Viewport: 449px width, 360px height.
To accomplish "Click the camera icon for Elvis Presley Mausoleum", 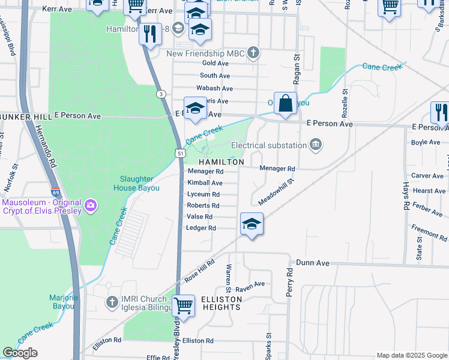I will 91,206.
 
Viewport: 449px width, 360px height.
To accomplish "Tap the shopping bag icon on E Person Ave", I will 286,102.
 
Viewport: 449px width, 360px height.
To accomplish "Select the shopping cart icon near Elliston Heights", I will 184,305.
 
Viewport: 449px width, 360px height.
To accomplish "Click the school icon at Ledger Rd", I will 252,224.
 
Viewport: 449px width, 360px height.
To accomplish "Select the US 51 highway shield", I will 180,154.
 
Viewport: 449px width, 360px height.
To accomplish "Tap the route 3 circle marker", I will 161,94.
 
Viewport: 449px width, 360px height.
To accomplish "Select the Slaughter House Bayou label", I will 137,184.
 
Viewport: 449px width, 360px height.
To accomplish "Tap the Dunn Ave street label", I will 313,263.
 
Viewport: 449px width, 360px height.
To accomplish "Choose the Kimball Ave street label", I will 205,182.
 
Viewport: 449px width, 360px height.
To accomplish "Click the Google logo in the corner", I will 20,353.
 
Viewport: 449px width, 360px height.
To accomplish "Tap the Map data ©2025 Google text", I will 411,355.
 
